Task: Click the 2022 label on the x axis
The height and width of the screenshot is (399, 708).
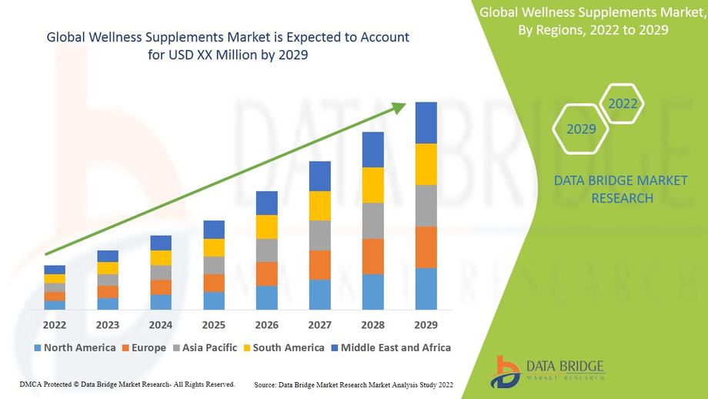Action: click(55, 324)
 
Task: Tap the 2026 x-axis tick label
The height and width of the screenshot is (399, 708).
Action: click(266, 324)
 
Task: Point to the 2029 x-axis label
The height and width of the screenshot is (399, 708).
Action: click(426, 324)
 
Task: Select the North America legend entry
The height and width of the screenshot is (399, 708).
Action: click(75, 347)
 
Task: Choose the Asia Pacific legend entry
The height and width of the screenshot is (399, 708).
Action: click(205, 347)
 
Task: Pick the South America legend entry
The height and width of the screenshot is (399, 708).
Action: click(282, 347)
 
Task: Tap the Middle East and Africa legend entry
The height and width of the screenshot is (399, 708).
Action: click(390, 347)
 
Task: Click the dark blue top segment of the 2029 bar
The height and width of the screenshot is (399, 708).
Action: click(426, 122)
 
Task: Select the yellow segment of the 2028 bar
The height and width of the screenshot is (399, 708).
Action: click(372, 185)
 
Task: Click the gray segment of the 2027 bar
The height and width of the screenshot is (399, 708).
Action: click(319, 235)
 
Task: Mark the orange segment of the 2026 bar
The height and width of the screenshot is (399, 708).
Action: click(266, 273)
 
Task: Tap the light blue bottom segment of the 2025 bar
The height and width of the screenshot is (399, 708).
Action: click(213, 300)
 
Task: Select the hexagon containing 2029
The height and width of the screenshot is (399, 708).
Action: click(581, 129)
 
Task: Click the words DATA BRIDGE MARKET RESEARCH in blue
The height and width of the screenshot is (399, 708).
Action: click(604, 189)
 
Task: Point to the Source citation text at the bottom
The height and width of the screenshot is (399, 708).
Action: click(353, 384)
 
